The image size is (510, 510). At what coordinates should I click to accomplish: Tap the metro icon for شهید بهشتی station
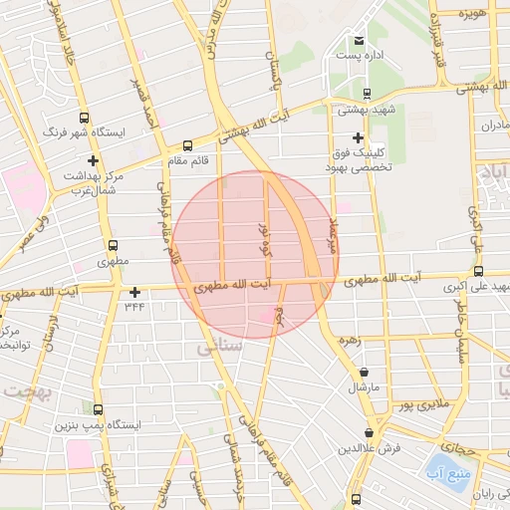click(367, 95)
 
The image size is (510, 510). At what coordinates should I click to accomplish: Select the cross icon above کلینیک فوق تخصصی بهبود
click(359, 138)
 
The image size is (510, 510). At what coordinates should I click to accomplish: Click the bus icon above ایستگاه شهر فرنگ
click(84, 117)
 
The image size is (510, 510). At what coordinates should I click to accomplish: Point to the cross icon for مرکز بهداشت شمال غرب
click(94, 160)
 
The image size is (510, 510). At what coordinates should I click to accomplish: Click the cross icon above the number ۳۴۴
click(134, 292)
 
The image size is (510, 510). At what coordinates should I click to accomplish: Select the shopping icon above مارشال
click(366, 374)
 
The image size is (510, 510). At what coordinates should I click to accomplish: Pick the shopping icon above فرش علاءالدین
click(370, 433)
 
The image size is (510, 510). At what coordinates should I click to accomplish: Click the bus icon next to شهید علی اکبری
click(479, 271)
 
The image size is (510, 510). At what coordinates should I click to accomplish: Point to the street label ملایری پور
click(413, 405)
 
